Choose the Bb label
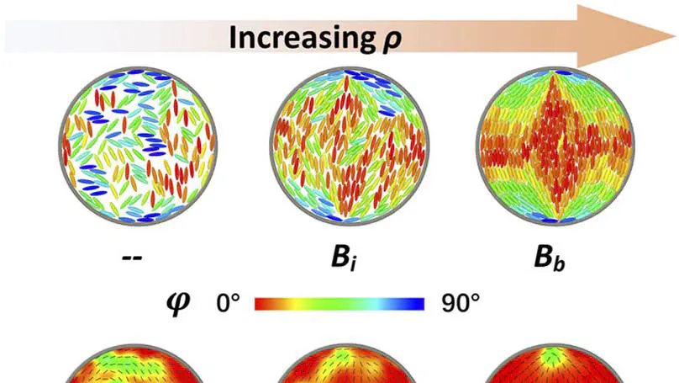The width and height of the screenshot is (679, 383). pyautogui.click(x=553, y=256)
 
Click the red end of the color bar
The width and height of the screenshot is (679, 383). pyautogui.click(x=261, y=302)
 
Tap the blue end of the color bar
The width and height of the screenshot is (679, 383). pyautogui.click(x=420, y=302)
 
